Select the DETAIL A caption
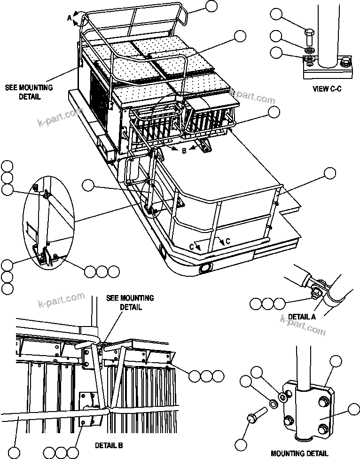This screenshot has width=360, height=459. (x=301, y=317)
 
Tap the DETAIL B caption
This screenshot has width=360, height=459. (x=109, y=444)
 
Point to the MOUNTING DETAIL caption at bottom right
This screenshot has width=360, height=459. (x=299, y=453)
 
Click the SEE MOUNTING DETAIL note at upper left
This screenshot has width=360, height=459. (x=29, y=92)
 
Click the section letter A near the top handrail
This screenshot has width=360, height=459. (x=69, y=18)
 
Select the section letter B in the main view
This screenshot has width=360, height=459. (x=185, y=150)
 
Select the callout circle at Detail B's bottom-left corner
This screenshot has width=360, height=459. (x=15, y=452)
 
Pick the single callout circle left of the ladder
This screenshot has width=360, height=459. (x=88, y=186)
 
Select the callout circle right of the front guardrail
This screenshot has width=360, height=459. (x=330, y=173)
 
